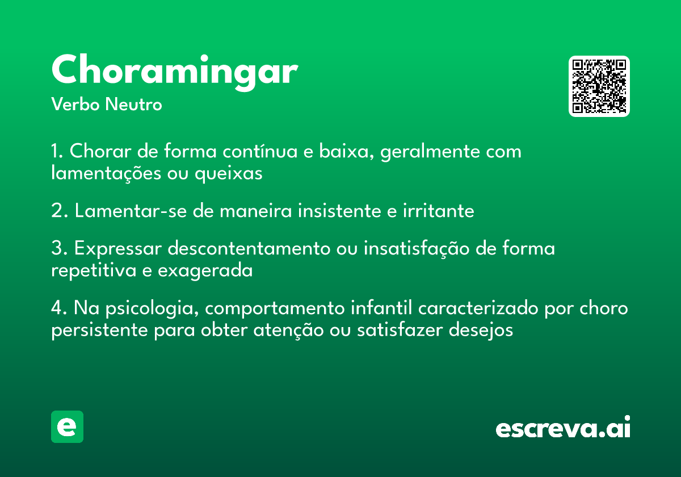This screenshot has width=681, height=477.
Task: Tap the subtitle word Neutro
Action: [x=133, y=104]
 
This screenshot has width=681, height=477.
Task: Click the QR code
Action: [x=599, y=86]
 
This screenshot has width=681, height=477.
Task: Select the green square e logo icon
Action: [x=67, y=426]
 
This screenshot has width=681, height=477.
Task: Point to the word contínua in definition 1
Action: [x=260, y=151]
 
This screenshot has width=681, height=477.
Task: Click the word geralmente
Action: [x=430, y=152]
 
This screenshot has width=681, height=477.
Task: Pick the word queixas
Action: [x=228, y=174]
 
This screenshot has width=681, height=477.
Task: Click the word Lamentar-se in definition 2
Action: [x=131, y=211]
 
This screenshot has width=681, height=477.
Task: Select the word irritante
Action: [x=438, y=211]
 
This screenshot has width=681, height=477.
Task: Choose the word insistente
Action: [x=339, y=211]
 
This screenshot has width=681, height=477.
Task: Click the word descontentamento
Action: [x=249, y=248]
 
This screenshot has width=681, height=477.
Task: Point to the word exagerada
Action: [x=205, y=271]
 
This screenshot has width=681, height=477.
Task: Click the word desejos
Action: [x=481, y=330]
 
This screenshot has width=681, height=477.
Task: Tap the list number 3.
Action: [x=58, y=248]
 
